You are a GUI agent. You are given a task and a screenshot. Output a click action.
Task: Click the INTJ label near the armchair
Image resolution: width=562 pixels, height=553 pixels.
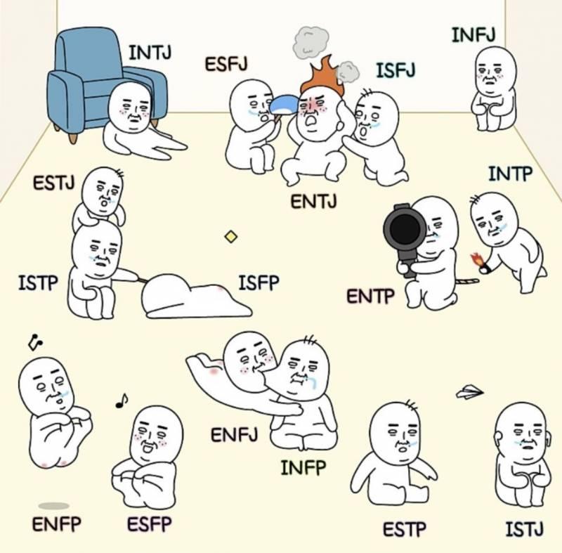coord(150,53)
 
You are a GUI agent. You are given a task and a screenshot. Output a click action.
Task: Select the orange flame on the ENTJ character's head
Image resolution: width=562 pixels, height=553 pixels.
coord(322,76)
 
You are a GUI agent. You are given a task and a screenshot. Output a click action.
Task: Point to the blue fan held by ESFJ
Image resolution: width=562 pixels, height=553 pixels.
coord(285,105)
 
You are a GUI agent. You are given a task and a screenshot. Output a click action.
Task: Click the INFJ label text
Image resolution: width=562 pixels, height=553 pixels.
coord(473,35)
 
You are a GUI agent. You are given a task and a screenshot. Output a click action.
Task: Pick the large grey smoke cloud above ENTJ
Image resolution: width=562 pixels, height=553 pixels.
coord(311,43)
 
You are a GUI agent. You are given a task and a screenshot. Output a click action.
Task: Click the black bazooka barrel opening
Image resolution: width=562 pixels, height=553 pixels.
coord(405,228)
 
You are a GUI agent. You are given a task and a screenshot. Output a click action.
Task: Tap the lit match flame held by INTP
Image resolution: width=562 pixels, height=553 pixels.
coord(476,259)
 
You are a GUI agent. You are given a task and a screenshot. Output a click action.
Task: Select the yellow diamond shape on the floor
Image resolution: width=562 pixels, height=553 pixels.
coord(231,237)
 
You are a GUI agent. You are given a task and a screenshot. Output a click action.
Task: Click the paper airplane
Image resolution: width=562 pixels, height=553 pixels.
coord(469,391)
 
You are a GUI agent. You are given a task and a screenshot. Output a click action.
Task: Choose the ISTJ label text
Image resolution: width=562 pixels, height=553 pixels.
coord(524,529)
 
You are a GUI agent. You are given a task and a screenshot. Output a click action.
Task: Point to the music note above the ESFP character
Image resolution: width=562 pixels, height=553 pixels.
coord(122,401)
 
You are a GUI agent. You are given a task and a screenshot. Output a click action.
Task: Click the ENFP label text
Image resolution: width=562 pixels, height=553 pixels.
coord(57,524)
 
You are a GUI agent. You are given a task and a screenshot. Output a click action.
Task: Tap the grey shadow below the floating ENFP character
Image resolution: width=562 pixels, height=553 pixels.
coord(54,506)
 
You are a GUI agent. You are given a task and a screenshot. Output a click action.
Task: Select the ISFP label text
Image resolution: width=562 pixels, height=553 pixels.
coord(259,282)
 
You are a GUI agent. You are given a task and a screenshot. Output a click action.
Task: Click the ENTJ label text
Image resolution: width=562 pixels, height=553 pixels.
coord(313,202)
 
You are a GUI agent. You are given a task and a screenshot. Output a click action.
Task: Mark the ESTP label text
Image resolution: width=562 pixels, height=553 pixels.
coord(405,529)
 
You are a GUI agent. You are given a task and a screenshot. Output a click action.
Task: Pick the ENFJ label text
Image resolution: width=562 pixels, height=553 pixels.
coord(234,435)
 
